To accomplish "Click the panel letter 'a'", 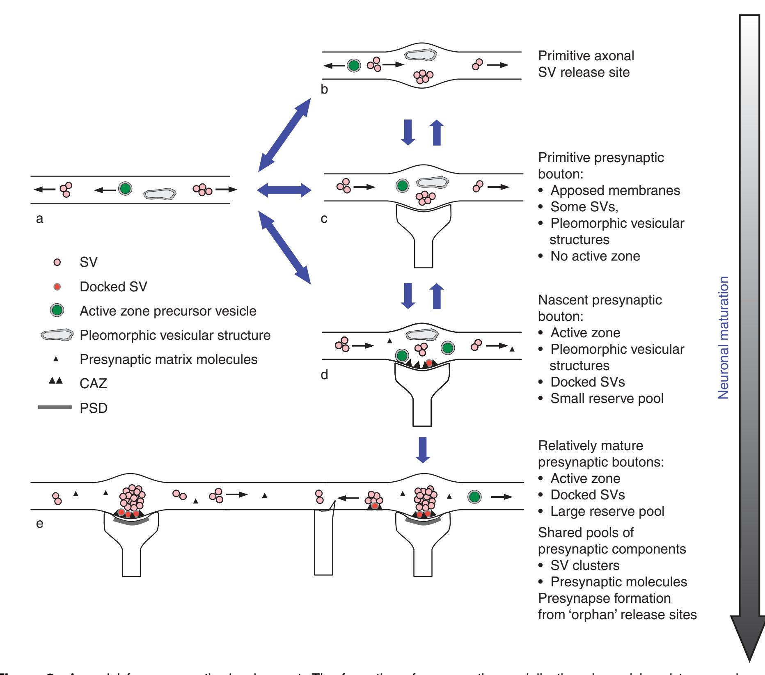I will click(39, 219).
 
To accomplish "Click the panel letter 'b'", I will click(324, 89).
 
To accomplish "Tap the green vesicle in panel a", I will click(125, 189).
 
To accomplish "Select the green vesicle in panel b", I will click(353, 65).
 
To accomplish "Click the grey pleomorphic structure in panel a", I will click(160, 194).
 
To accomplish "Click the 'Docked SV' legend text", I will click(113, 286).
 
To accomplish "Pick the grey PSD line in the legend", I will click(55, 407).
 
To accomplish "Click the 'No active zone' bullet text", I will click(595, 256).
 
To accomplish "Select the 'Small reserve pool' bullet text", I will click(607, 398).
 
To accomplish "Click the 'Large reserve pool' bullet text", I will click(607, 511).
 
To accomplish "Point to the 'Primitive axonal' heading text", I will click(586, 55).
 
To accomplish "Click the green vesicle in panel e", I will click(474, 497).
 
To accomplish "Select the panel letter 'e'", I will click(40, 524).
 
